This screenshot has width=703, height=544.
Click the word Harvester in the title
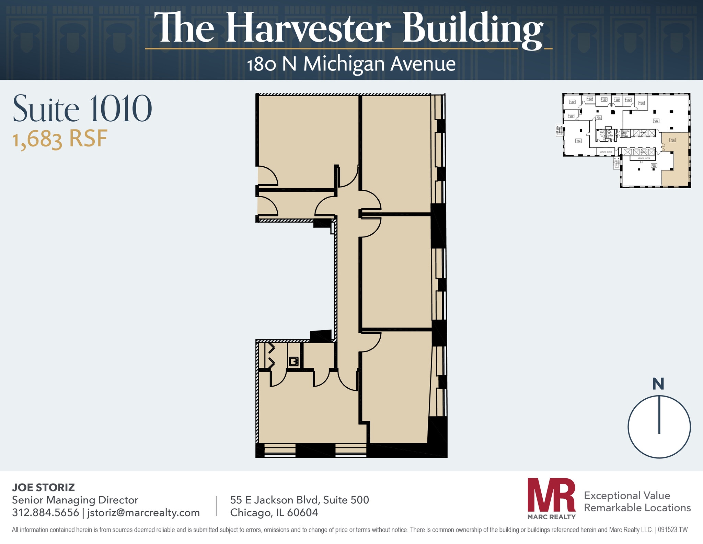coord(308,28)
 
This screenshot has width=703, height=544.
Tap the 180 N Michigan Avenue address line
coord(351,64)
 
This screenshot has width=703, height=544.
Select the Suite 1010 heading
coord(82,109)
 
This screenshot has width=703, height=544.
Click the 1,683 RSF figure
coord(60,139)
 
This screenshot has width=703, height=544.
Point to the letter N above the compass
coord(658,384)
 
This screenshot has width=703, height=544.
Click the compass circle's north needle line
coord(659,414)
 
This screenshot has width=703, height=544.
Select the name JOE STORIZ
coord(43,487)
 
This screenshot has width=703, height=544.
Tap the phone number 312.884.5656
coord(45,512)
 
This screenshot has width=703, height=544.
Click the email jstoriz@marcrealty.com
coord(143,512)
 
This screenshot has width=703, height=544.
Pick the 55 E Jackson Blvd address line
coord(299,500)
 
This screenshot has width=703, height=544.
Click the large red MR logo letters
coord(551,495)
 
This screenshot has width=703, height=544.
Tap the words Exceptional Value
coord(627,495)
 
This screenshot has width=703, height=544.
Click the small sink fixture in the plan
coord(293,362)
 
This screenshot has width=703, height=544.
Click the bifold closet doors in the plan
coord(271,356)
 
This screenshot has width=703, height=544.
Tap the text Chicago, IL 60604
coord(274,512)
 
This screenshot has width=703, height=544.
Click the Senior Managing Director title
coord(75,500)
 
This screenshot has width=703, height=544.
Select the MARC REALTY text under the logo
coord(551,517)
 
